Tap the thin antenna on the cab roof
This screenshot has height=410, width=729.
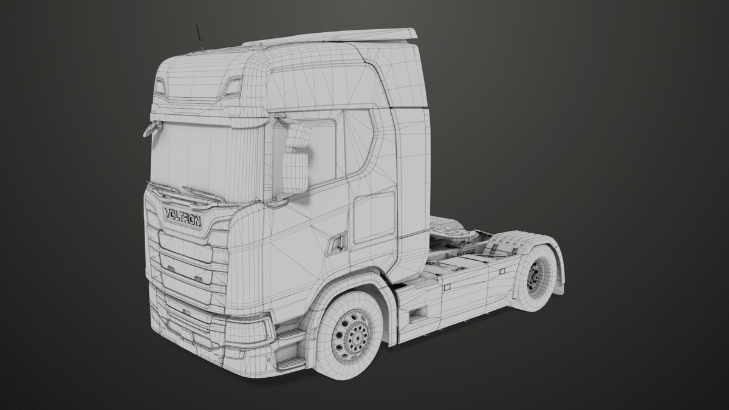pos(199,38)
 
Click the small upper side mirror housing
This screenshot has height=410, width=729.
pos(298,136)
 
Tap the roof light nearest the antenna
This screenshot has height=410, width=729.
pos(160,87)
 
